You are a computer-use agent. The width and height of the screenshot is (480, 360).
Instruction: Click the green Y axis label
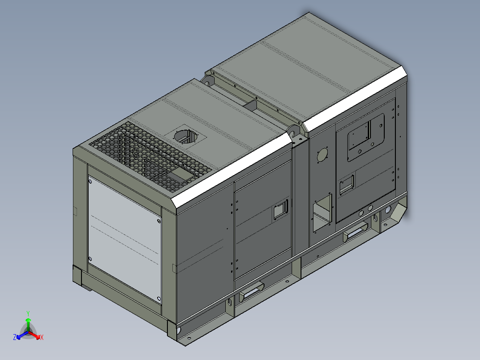(28, 313)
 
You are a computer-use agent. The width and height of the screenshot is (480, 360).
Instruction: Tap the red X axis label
(42, 338)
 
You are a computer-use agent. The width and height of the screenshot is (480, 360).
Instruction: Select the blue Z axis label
(15, 338)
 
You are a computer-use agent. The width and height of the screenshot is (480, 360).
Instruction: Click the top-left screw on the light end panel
(90, 182)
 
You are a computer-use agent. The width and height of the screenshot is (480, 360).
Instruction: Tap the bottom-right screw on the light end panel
(159, 298)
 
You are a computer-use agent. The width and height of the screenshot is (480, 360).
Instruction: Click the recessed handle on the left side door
(281, 209)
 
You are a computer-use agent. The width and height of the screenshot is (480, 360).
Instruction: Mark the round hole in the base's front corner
(179, 331)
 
